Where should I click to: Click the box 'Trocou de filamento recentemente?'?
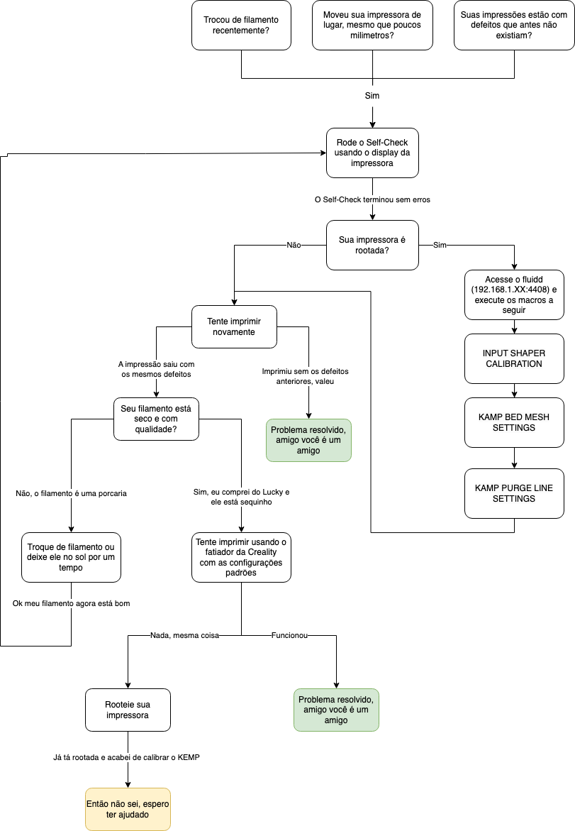pyautogui.click(x=242, y=26)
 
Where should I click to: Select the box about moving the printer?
pyautogui.click(x=372, y=26)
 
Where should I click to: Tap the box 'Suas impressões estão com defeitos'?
pyautogui.click(x=514, y=26)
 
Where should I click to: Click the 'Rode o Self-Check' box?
pyautogui.click(x=372, y=153)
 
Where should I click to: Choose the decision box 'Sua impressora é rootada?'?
pyautogui.click(x=372, y=245)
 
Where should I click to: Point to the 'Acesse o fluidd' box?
pyautogui.click(x=514, y=295)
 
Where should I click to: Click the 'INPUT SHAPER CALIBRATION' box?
pyautogui.click(x=514, y=359)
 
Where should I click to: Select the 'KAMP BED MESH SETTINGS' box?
pyautogui.click(x=514, y=422)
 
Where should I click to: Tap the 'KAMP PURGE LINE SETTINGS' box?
pyautogui.click(x=514, y=493)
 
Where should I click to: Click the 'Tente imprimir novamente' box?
pyautogui.click(x=234, y=326)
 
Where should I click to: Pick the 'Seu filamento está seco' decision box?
pyautogui.click(x=156, y=419)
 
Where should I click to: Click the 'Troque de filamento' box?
pyautogui.click(x=71, y=557)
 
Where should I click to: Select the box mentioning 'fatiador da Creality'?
pyautogui.click(x=241, y=557)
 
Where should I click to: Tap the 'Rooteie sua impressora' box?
pyautogui.click(x=128, y=710)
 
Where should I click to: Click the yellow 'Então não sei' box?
pyautogui.click(x=128, y=809)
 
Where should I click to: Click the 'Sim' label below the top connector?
pyautogui.click(x=372, y=96)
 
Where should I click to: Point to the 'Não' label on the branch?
pyautogui.click(x=294, y=245)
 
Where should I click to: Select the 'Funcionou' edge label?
pyautogui.click(x=289, y=635)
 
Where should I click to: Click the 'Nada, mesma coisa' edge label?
pyautogui.click(x=184, y=635)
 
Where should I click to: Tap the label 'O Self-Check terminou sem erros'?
pyautogui.click(x=372, y=200)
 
